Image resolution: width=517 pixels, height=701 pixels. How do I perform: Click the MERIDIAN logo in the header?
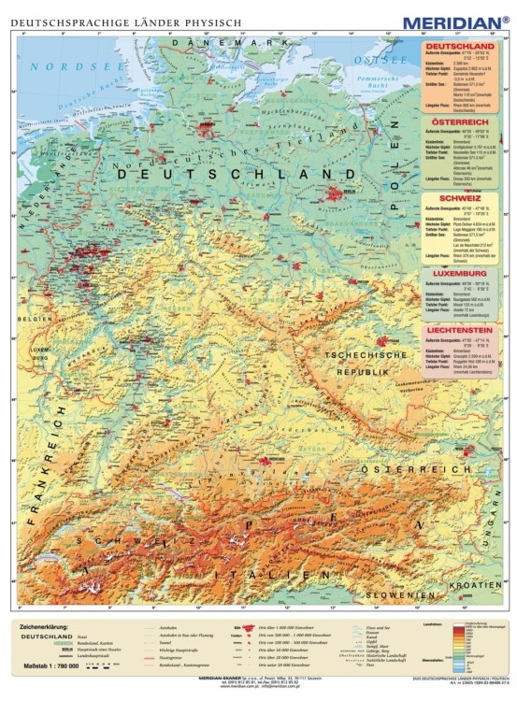click(455, 21)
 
